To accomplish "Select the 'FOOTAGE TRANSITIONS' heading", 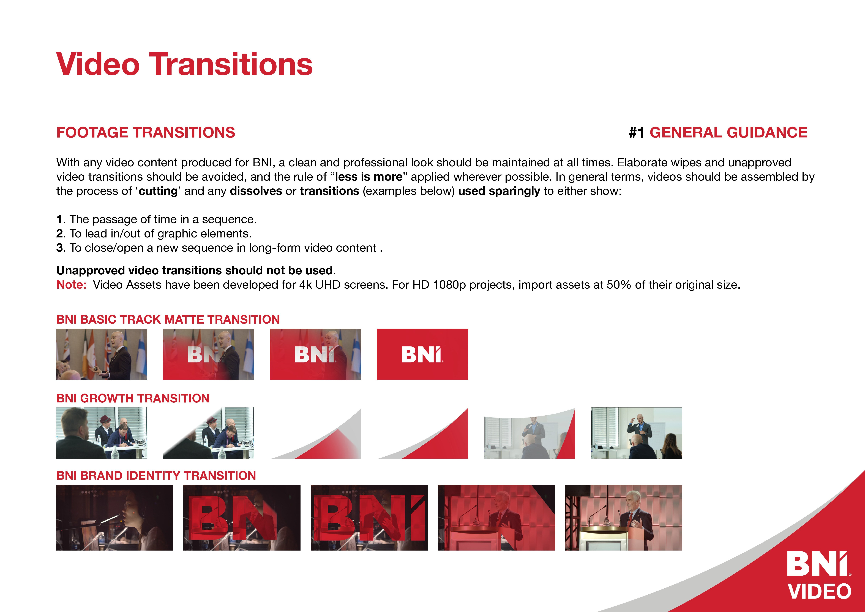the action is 146,133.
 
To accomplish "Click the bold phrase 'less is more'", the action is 369,177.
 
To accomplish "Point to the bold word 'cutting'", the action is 158,191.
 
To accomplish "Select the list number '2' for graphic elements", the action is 59,234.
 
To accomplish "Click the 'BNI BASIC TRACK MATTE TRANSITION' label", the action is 168,319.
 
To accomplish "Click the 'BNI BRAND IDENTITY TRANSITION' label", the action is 156,476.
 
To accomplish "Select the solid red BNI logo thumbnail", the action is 422,354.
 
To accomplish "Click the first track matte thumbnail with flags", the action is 102,354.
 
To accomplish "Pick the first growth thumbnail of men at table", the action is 102,433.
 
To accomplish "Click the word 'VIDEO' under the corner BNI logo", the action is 819,591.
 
